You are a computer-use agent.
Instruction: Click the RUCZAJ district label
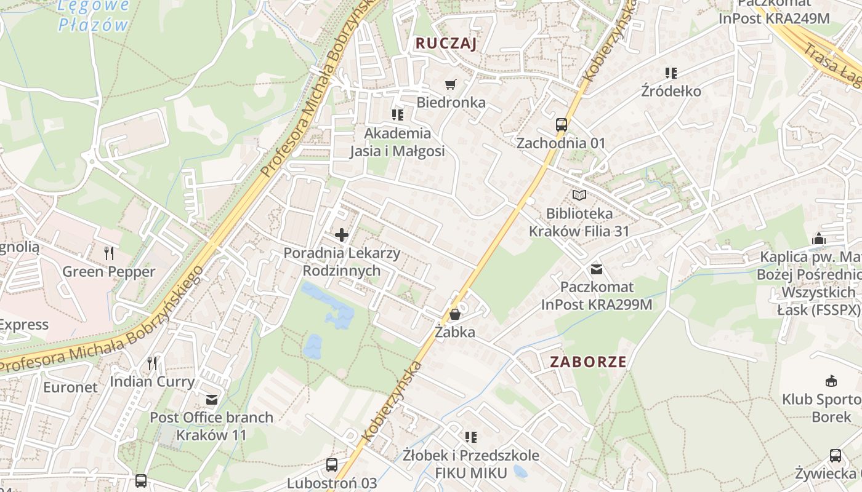tap(446, 43)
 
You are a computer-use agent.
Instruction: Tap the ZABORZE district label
tap(588, 362)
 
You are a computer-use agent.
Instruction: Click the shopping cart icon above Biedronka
tap(451, 84)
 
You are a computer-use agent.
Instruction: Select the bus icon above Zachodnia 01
tap(561, 124)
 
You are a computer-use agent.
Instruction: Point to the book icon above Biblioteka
tap(579, 195)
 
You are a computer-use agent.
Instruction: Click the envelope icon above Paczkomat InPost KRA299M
tap(596, 269)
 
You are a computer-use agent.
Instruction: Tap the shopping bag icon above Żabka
tap(455, 314)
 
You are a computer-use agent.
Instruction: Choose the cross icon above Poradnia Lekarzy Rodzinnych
tap(341, 234)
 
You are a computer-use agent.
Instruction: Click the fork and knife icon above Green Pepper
tap(109, 253)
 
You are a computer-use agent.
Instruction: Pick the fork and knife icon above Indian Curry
tap(152, 363)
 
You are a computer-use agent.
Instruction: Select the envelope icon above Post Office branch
tap(212, 400)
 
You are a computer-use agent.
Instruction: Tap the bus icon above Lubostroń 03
tap(332, 464)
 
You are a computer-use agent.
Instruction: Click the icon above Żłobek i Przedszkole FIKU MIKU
tap(471, 437)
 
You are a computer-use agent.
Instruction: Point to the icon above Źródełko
tap(671, 73)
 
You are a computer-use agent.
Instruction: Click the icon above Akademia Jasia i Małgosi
tap(397, 114)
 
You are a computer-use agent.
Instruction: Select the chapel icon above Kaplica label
tap(819, 239)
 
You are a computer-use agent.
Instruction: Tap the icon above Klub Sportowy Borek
tap(831, 381)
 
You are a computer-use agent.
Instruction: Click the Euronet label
tap(70, 387)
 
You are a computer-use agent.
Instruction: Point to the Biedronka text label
tap(451, 102)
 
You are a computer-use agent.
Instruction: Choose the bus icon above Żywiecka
tap(835, 456)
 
